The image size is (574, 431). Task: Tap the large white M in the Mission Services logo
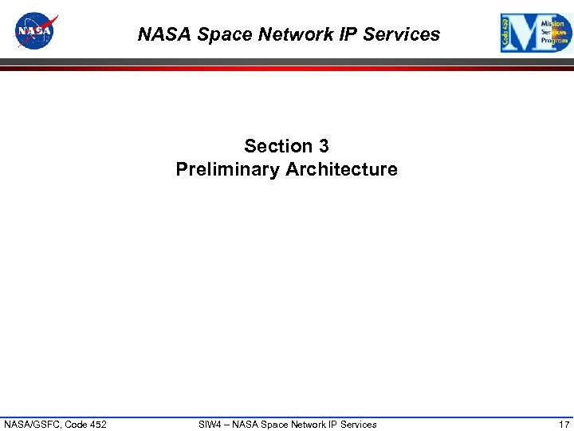coord(524,34)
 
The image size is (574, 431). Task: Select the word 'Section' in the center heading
coord(278,146)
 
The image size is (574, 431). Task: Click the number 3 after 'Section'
coord(323,146)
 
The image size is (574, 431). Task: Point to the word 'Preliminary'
coord(227,169)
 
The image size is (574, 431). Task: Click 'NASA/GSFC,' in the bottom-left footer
coord(31,424)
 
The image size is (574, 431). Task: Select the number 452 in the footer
coord(96,424)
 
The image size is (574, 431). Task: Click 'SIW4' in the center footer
coord(210,424)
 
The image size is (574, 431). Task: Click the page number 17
coord(564,424)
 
